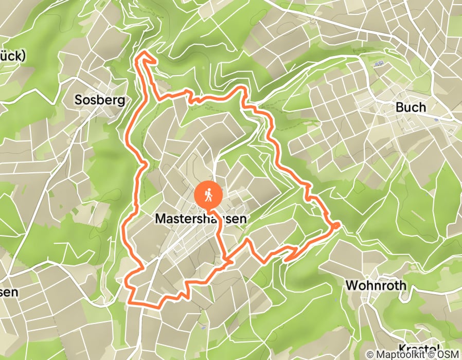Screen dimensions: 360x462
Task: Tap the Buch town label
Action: point(411,107)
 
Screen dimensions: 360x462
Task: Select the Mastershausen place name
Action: point(200,219)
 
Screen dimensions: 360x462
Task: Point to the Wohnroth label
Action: point(376,285)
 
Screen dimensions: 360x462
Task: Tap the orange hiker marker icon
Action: point(208,195)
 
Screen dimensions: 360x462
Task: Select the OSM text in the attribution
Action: point(448,354)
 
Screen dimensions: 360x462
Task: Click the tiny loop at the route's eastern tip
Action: point(335,225)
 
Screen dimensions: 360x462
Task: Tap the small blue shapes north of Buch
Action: point(380,64)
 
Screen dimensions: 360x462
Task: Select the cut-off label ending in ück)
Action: point(11,56)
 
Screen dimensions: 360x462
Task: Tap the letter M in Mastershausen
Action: point(159,219)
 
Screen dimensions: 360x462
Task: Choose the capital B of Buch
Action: point(400,107)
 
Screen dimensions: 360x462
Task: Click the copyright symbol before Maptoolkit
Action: point(371,354)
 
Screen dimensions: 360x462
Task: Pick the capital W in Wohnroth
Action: point(352,285)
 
